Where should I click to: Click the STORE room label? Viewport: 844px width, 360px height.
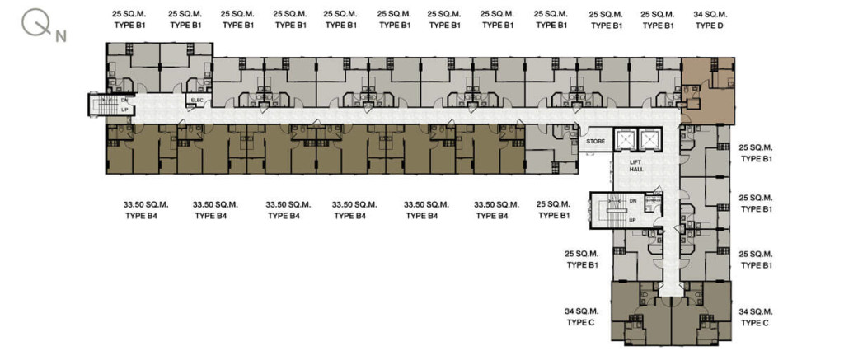click(596, 142)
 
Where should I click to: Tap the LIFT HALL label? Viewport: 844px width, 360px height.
click(636, 166)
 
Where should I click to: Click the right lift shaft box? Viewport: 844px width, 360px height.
click(649, 139)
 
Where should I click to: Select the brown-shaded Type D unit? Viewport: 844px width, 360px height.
click(708, 91)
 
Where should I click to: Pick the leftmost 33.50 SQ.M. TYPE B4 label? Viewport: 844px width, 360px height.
click(146, 210)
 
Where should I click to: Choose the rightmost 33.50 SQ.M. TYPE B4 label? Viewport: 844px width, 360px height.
click(496, 210)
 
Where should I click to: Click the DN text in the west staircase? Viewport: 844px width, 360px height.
click(124, 100)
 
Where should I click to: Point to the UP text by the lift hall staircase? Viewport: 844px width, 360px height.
click(634, 220)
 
